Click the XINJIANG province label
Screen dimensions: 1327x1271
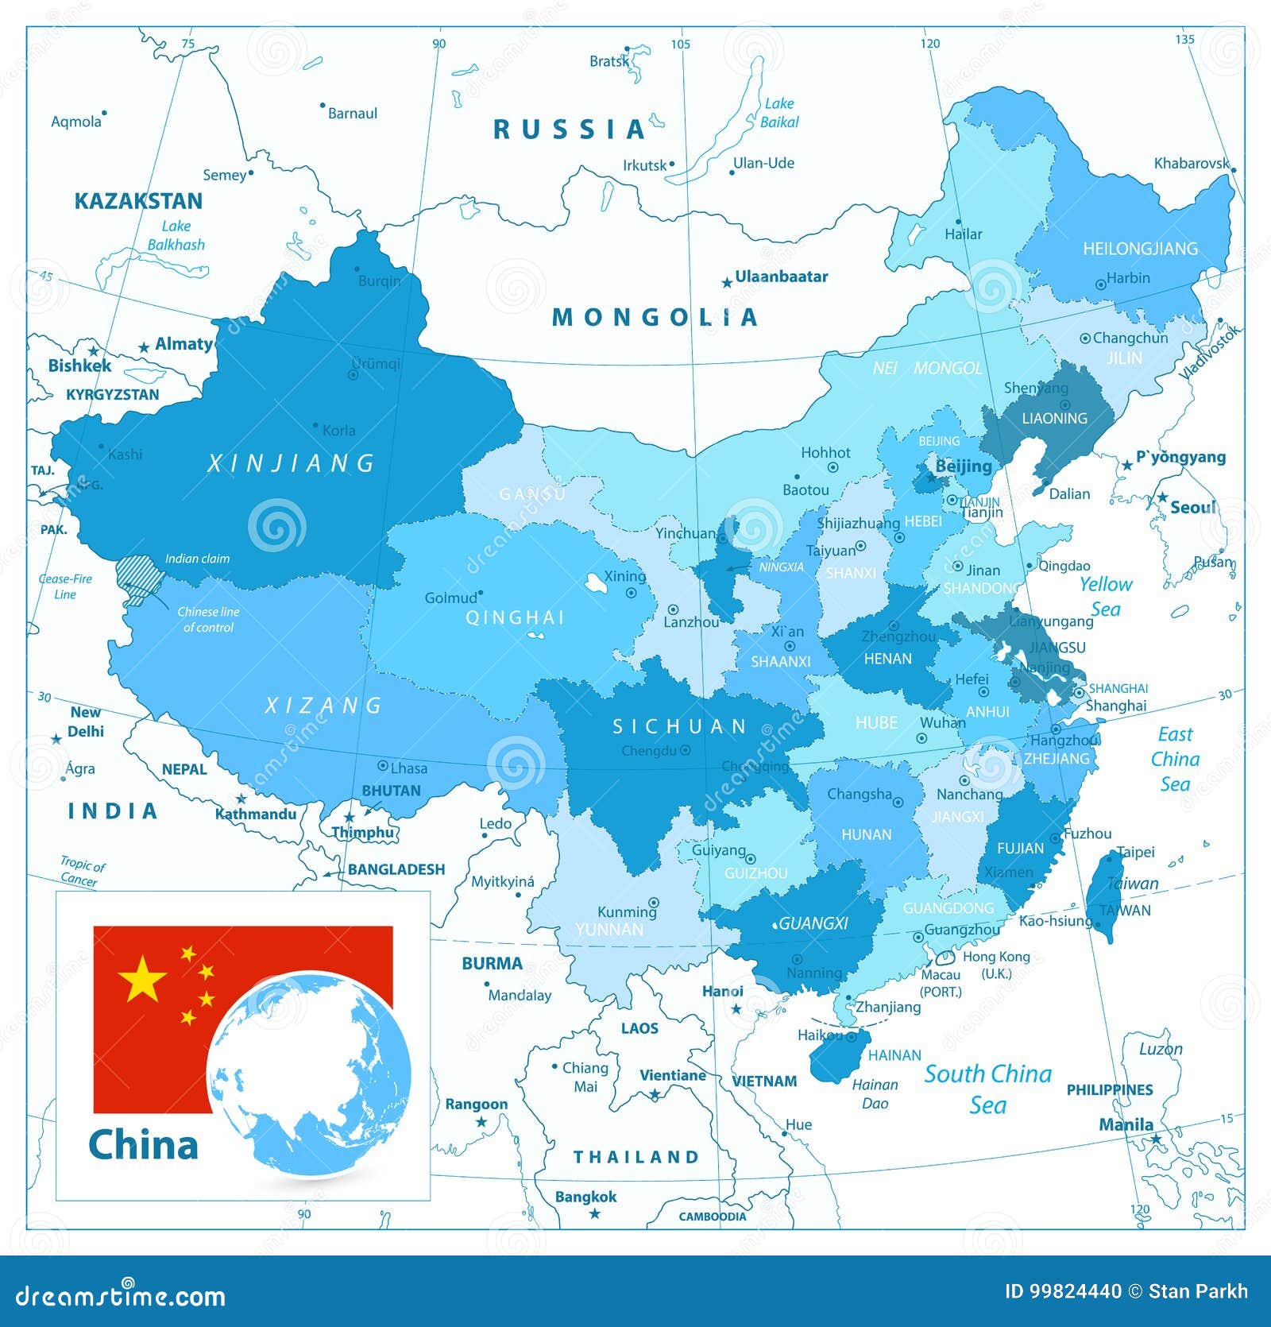click(291, 462)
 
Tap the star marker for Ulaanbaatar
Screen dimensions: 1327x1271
click(726, 283)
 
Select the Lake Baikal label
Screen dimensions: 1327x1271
click(778, 113)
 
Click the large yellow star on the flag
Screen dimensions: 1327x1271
click(142, 978)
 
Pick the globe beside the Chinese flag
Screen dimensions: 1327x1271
click(309, 1074)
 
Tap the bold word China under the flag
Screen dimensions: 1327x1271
click(143, 1145)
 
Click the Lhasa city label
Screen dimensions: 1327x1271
click(408, 768)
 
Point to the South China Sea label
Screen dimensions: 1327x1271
click(987, 1089)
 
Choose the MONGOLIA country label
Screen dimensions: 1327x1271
click(655, 318)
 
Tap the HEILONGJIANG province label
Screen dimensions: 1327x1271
click(1140, 249)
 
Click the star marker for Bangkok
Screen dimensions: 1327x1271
click(594, 1213)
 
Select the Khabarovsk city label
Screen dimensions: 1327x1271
click(1190, 164)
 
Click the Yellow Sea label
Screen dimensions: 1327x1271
click(1105, 596)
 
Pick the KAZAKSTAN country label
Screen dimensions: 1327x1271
click(138, 201)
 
